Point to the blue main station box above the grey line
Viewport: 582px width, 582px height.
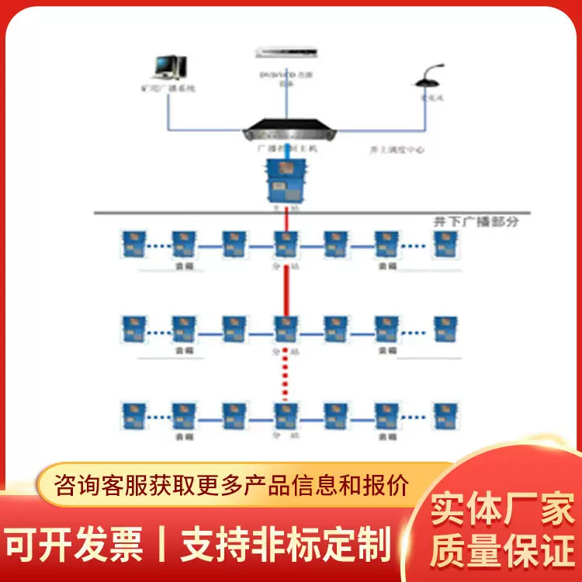[x=285, y=179]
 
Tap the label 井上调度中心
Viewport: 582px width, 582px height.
[x=398, y=149]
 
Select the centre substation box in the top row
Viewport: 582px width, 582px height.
[x=285, y=244]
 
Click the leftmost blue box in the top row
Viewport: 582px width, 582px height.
[x=131, y=244]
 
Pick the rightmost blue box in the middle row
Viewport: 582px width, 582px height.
[x=443, y=329]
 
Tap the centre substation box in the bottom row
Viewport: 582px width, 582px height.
[x=285, y=415]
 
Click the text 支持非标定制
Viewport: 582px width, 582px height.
[x=285, y=545]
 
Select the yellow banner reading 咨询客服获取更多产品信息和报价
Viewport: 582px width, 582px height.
[x=233, y=486]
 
